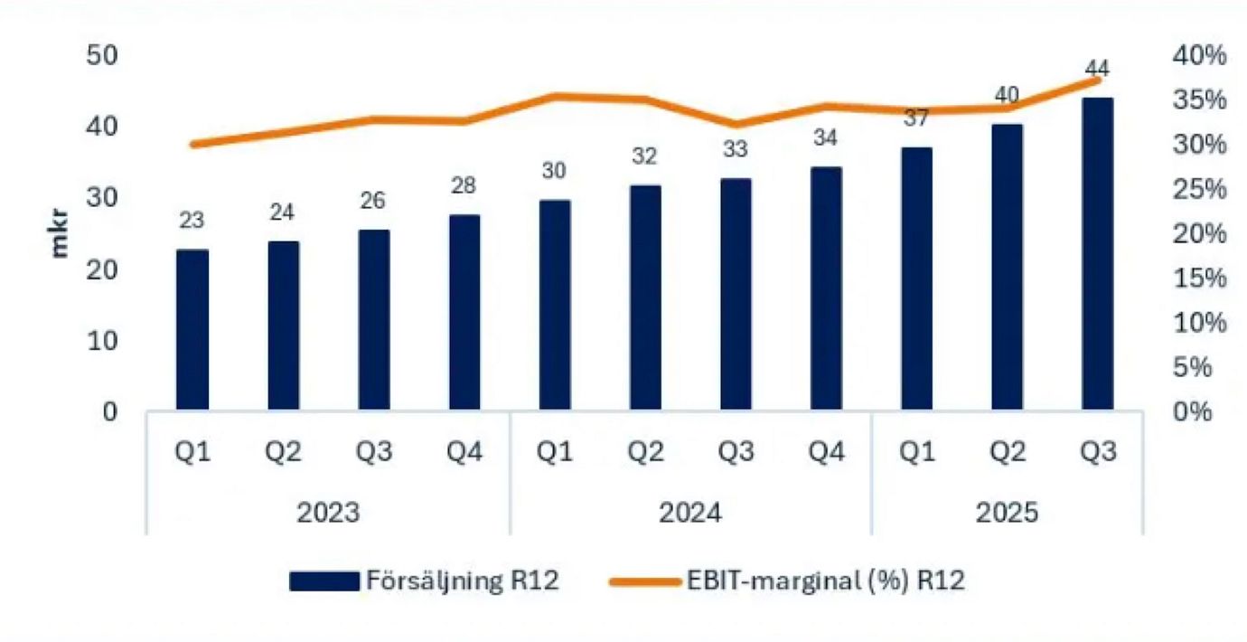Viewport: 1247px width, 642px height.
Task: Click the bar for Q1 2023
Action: pos(192,330)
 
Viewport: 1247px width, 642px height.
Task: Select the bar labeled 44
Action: pos(1098,254)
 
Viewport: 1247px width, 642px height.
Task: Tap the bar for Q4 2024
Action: pos(826,288)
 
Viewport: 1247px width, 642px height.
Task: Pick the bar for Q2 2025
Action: pos(1008,268)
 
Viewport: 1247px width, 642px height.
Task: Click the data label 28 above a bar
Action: pos(464,186)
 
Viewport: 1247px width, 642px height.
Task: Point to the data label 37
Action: pos(916,118)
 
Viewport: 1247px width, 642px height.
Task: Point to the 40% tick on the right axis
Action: pos(1199,56)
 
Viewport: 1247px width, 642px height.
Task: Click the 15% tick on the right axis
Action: pos(1199,279)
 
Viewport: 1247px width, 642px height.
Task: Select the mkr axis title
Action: pos(60,234)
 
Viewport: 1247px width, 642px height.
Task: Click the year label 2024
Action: pos(690,513)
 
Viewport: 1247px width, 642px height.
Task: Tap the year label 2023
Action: pos(328,513)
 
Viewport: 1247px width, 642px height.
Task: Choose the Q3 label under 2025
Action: pos(1098,452)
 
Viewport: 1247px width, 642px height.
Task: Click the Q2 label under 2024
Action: pos(645,452)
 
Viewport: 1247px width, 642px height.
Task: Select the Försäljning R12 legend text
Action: pos(463,581)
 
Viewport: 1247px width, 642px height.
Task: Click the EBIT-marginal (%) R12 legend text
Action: pos(825,581)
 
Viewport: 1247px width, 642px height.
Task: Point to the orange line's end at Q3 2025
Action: pos(1098,80)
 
